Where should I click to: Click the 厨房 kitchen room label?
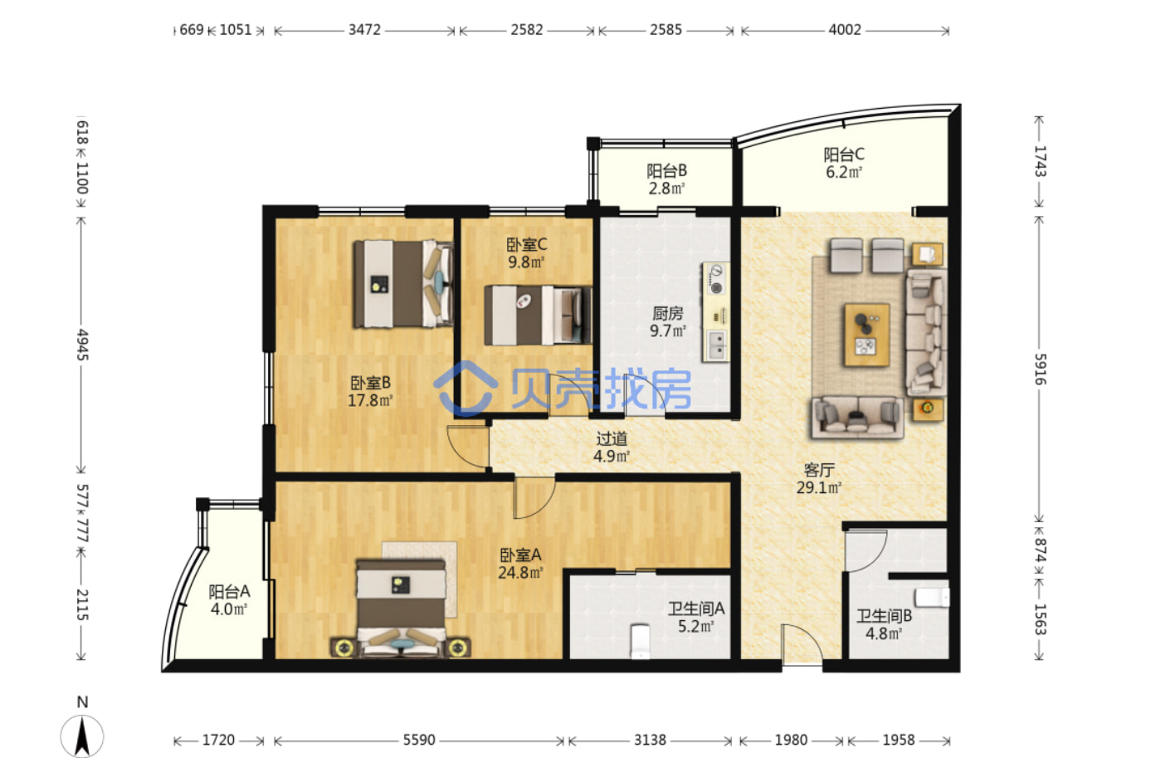click(667, 313)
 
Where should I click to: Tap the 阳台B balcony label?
click(666, 171)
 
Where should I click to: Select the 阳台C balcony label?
click(844, 154)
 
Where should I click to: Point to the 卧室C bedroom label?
click(527, 244)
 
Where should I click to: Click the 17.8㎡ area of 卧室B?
click(370, 400)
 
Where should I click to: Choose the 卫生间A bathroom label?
click(696, 609)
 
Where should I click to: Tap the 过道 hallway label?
click(612, 438)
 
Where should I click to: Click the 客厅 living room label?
click(819, 470)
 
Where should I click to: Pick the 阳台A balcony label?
click(229, 592)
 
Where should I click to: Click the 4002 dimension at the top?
click(845, 30)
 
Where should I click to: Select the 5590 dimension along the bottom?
click(419, 740)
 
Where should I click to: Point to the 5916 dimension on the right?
click(1040, 369)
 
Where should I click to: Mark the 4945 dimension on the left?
click(82, 345)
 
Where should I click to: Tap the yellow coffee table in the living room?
click(867, 335)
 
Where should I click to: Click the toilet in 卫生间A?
click(640, 641)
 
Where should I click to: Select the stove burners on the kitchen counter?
click(715, 279)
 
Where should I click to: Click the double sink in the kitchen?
click(716, 345)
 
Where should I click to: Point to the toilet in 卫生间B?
click(932, 598)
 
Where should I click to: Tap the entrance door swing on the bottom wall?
click(802, 645)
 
